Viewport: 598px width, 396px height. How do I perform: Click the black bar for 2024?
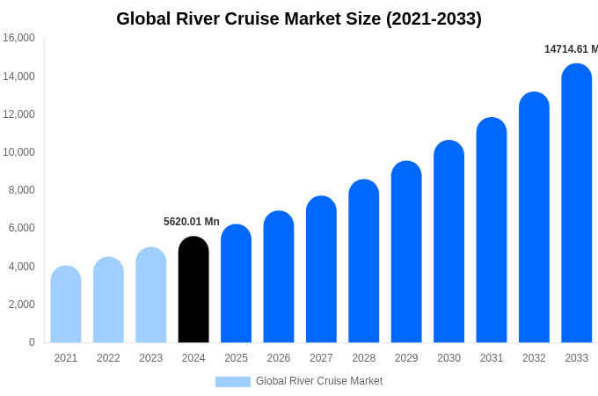[193, 290]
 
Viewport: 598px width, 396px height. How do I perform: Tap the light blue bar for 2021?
[66, 304]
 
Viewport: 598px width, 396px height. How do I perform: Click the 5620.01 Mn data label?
[192, 222]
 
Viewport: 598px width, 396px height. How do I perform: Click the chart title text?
[299, 18]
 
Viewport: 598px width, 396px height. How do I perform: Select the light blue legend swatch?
[232, 382]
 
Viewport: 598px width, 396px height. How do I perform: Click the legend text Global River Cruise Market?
[319, 381]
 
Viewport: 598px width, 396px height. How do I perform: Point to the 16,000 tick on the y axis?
[18, 38]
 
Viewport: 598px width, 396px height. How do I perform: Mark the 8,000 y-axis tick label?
[21, 190]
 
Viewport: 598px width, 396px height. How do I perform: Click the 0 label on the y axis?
[32, 342]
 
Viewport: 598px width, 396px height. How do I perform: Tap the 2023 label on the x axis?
[151, 358]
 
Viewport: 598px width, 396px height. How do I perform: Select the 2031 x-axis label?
[492, 358]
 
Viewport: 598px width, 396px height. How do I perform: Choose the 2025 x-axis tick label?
[236, 358]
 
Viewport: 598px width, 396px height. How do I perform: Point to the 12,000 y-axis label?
[18, 114]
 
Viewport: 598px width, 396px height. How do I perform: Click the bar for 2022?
[108, 300]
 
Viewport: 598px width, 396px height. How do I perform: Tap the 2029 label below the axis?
[406, 358]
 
